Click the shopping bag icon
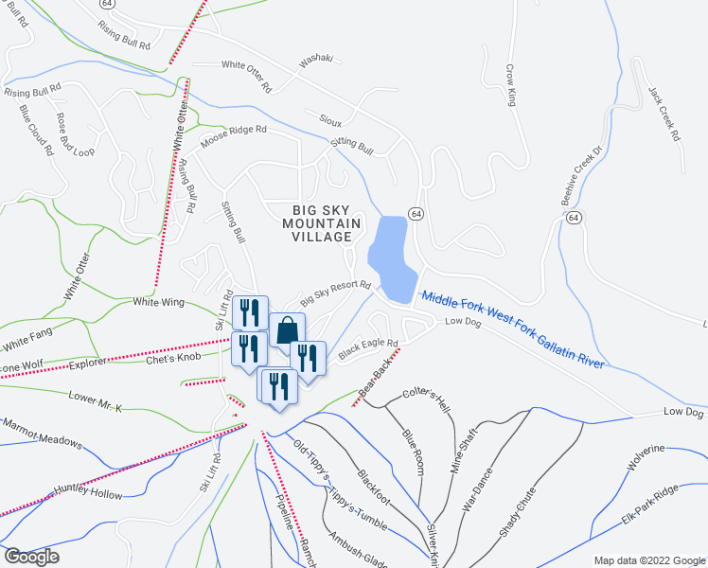pos(287,331)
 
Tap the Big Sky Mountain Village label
pos(323,222)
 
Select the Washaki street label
pos(317,60)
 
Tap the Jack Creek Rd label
pos(664,115)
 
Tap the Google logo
pos(30,557)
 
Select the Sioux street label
pos(330,122)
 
